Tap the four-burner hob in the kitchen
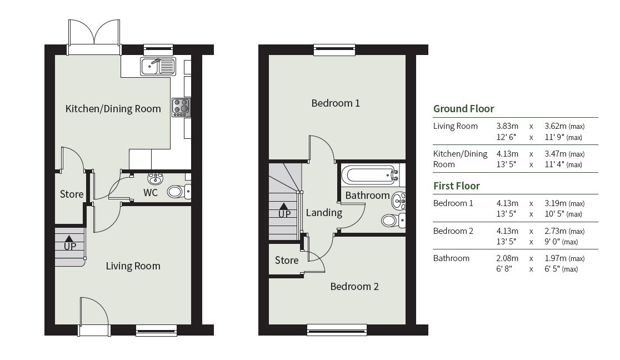pos(181,107)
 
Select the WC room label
pos(151,193)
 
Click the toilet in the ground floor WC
pos(177,192)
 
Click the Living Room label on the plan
pos(133,266)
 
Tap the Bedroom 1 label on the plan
pos(336,103)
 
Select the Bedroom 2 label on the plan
pos(354,287)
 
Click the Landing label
pos(324,212)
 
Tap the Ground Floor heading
pos(463,108)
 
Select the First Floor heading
pos(456,186)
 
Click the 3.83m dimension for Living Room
pos(507,126)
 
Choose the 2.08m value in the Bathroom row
pos(507,258)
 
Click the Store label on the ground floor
pos(72,194)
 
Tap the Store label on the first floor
pos(287,260)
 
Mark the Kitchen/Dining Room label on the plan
pos(113,109)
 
